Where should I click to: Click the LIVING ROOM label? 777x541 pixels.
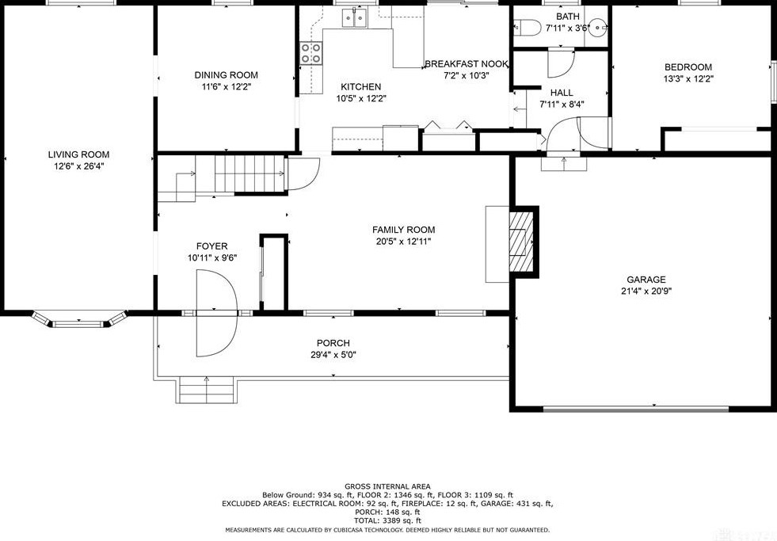coord(78,154)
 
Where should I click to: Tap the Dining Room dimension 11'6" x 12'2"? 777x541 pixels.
coord(226,87)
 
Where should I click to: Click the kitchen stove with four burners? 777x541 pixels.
coord(310,53)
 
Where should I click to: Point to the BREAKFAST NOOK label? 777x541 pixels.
coord(466,64)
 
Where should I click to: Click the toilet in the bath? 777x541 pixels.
coord(528,29)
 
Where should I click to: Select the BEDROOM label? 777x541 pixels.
coord(687,67)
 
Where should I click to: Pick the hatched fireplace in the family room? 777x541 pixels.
coord(520,242)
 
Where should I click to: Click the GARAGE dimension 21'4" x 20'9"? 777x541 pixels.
coord(646,291)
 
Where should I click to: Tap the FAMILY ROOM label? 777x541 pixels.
coord(403,230)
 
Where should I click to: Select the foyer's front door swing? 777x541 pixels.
coord(216,312)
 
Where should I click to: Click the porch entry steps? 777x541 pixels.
coord(207,389)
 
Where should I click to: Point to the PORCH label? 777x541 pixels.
coord(333,343)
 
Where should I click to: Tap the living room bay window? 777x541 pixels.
coord(79,321)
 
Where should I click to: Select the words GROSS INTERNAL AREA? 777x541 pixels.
coord(387,486)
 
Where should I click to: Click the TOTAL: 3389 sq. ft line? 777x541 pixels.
coord(387,520)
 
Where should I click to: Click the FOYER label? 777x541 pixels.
coord(211,246)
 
